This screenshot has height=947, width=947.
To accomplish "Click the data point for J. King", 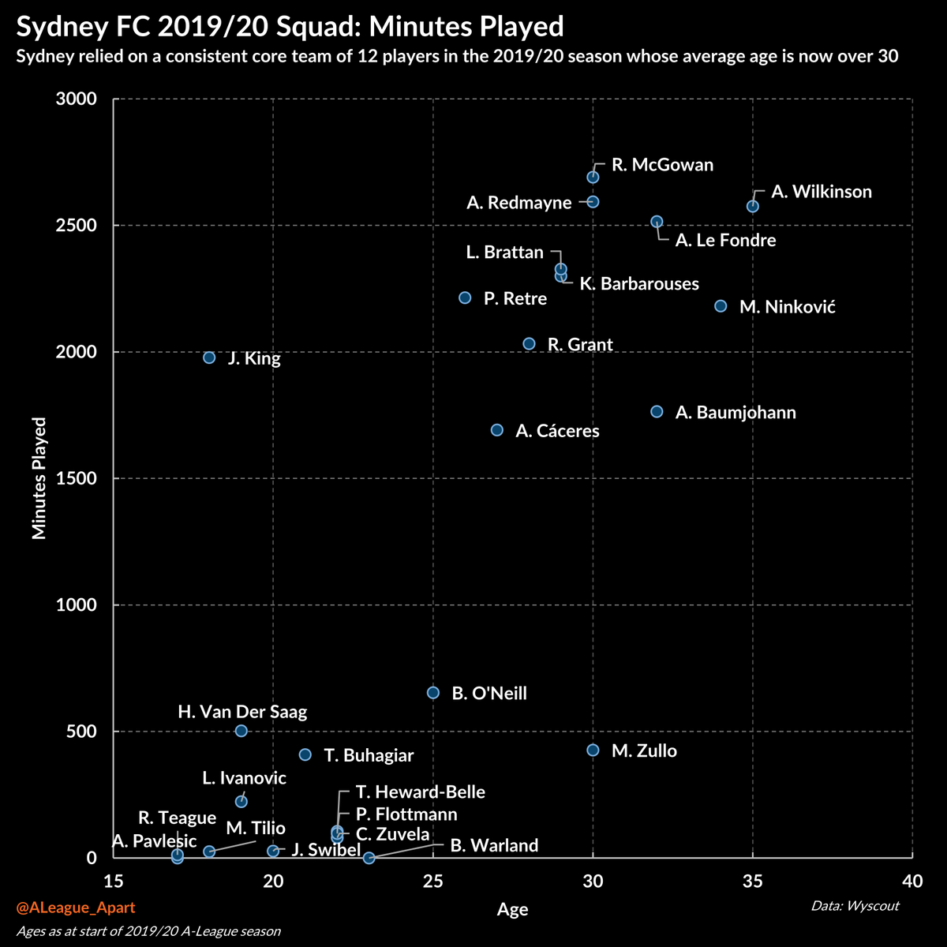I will (x=209, y=357).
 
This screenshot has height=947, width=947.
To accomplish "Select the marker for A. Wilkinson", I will (x=753, y=206).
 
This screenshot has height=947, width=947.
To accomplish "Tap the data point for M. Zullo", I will (x=593, y=750).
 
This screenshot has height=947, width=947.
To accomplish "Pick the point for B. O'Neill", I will (x=433, y=692).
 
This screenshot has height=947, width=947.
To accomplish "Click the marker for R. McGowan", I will (x=593, y=177).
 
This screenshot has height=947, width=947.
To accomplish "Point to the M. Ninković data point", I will (x=721, y=305).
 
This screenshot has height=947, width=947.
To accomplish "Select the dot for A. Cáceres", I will (x=497, y=430).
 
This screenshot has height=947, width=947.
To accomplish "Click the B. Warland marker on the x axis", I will (x=369, y=857).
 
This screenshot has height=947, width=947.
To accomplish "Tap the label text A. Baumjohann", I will (x=736, y=413).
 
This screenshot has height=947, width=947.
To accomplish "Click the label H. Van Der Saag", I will (x=242, y=712).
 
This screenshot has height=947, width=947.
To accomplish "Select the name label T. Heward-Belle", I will (x=420, y=792).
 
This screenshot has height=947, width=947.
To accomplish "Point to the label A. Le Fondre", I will (x=725, y=241).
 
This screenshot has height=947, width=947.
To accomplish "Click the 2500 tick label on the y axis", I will (x=76, y=226).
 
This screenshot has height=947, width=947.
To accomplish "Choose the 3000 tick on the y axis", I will (x=76, y=99).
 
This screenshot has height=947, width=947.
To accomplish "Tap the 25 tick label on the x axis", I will (x=433, y=881).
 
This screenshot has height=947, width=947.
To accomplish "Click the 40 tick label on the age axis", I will (x=912, y=881).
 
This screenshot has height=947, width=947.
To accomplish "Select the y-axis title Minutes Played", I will (x=39, y=478).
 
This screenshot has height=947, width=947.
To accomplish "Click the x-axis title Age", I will (x=512, y=910).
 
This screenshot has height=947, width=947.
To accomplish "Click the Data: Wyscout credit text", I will (x=855, y=906).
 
